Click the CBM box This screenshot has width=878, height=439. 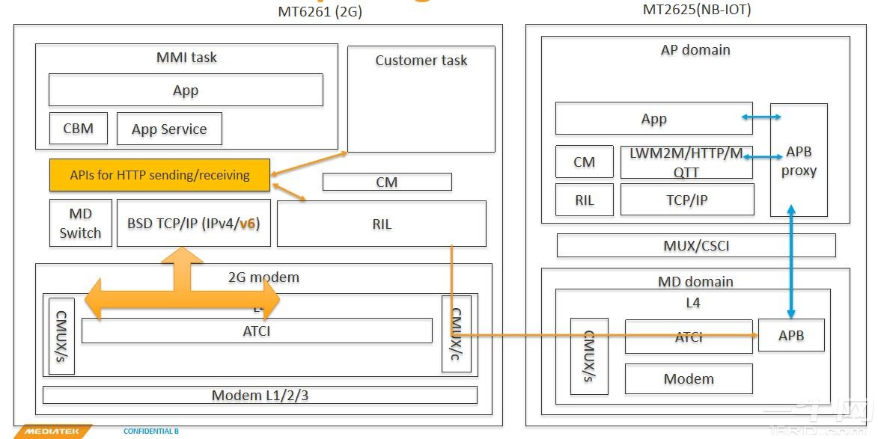[x=79, y=129]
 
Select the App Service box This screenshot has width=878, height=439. [x=170, y=129]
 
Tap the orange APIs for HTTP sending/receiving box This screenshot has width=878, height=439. [x=159, y=174]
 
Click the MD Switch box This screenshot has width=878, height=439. [x=80, y=223]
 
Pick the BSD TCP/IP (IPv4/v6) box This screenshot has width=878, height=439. [x=193, y=223]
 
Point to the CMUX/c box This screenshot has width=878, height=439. [x=456, y=334]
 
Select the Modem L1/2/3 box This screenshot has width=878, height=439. [x=260, y=395]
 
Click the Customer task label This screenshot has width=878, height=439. [x=421, y=61]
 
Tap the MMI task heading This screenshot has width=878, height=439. [x=186, y=57]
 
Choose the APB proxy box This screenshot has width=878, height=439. [x=799, y=160]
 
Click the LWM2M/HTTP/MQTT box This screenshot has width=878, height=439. [x=686, y=162]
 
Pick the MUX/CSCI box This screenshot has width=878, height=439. [x=696, y=245]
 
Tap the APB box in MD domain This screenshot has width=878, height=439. [x=791, y=336]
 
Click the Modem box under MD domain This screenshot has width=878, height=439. [x=689, y=378]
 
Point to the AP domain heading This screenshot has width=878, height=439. [x=695, y=50]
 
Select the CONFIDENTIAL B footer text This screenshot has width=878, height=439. [x=151, y=432]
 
